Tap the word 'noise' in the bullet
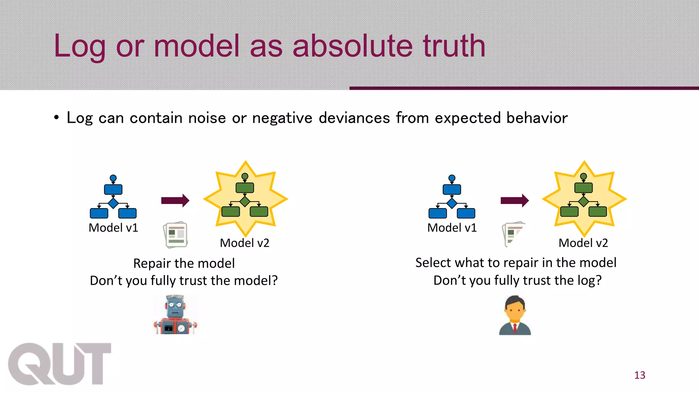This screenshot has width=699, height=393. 207,118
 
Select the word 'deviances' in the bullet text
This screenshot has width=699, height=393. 354,118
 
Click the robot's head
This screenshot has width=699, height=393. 175,305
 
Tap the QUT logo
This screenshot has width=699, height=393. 59,364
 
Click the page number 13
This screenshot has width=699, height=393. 640,375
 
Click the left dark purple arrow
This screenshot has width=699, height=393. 175,200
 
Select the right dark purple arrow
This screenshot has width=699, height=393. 514,200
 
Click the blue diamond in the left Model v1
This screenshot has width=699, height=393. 113,203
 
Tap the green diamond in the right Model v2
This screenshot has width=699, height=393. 584,202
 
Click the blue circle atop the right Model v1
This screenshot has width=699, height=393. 452,178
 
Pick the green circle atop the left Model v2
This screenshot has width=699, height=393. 245,176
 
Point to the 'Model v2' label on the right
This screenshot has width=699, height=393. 583,243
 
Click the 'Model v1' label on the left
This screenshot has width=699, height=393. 113,228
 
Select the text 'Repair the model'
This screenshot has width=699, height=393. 184,263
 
